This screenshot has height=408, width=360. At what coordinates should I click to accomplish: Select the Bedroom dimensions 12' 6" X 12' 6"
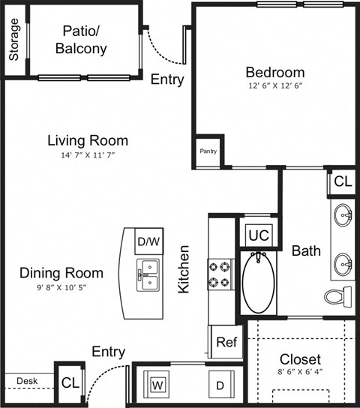[275, 86]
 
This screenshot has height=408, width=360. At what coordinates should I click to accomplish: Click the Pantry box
[208, 151]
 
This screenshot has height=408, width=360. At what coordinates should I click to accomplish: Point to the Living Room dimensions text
[87, 155]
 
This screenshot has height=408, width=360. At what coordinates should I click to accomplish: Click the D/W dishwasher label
[148, 241]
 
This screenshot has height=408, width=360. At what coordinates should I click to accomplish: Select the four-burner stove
[222, 275]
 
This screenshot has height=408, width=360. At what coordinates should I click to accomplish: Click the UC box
[258, 235]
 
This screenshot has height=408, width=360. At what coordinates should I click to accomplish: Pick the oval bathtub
[259, 283]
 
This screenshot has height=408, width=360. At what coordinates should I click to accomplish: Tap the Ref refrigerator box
[226, 342]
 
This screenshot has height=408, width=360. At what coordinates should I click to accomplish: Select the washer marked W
[158, 385]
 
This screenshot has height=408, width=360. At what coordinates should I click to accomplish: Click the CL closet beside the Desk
[69, 382]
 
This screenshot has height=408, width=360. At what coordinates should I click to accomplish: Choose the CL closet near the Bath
[342, 181]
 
